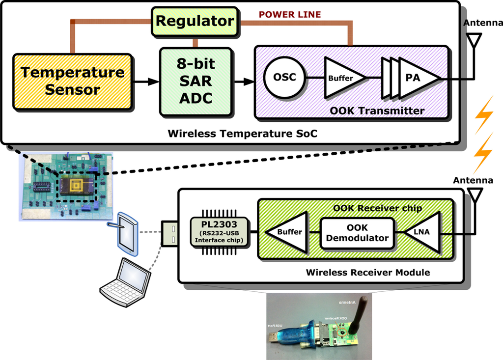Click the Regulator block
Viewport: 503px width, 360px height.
[195, 22]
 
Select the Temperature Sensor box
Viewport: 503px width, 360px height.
[72, 81]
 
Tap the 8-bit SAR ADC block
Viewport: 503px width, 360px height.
[195, 82]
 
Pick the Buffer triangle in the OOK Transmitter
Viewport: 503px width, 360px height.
[342, 78]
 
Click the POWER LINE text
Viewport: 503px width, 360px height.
[290, 14]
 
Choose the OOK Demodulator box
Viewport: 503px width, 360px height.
[357, 233]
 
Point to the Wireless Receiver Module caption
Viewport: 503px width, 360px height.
[367, 272]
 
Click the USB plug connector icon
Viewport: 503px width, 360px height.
[169, 232]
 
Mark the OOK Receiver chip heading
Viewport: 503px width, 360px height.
[377, 208]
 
